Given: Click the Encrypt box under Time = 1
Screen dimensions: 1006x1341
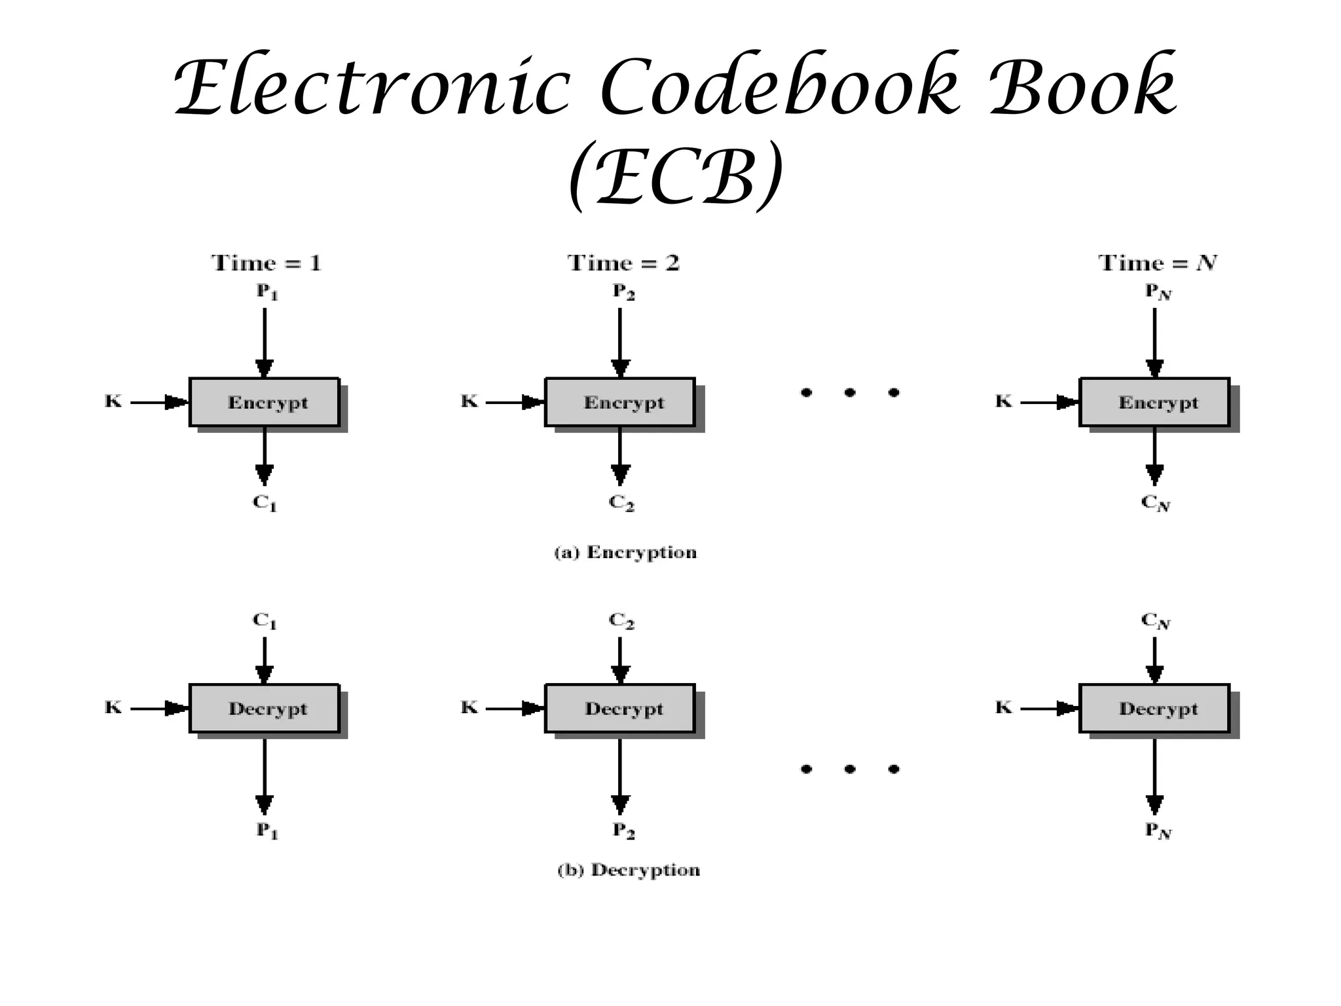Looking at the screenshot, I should [x=265, y=402].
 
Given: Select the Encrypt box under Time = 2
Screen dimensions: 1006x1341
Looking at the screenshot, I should [x=620, y=402].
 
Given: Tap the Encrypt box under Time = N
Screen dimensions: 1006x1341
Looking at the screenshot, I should [x=1154, y=402].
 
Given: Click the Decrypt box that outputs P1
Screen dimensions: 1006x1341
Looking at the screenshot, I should [x=265, y=709].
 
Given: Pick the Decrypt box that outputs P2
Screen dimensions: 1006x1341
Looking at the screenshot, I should [x=620, y=709].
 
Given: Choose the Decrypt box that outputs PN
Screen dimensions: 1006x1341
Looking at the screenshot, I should [x=1154, y=709].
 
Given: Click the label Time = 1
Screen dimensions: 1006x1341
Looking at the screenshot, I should [x=266, y=263].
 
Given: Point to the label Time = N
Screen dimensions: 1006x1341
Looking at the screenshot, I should [x=1157, y=263].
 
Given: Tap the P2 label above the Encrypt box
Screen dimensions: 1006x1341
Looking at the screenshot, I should [x=623, y=291].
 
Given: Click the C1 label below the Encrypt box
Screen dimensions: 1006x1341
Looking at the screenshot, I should [x=265, y=503].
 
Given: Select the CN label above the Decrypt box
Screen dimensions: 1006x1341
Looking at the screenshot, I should [x=1156, y=620].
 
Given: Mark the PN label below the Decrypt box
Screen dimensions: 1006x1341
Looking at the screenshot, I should [x=1158, y=830].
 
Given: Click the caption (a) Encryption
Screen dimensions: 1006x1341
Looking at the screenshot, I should [x=625, y=553].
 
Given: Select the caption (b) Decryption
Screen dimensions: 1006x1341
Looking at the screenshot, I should [x=629, y=870].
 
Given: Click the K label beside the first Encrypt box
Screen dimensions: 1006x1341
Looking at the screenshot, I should [x=113, y=401].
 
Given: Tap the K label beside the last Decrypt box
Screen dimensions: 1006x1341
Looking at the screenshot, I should [x=1003, y=707].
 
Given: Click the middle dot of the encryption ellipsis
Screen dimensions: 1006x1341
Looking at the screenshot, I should [x=850, y=393].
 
